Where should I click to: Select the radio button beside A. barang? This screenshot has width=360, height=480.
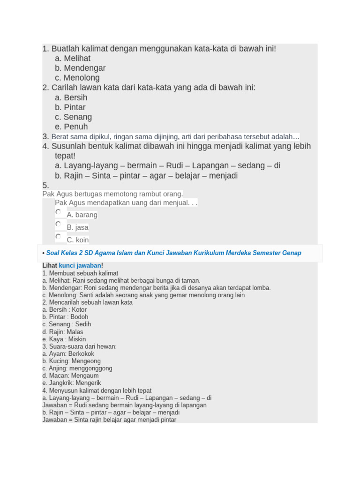point(58,212)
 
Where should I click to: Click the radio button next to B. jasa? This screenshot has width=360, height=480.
point(58,224)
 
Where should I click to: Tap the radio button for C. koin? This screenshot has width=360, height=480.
point(58,237)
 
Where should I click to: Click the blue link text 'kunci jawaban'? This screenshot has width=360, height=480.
point(80,266)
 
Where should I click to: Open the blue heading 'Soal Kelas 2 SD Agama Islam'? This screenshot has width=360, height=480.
point(173,253)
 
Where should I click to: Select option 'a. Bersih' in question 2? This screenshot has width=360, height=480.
point(71,97)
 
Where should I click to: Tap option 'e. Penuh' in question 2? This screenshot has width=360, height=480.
point(71,127)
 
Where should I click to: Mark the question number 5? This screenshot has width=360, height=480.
point(45,186)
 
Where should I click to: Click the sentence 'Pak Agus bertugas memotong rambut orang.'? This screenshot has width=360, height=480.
point(112,194)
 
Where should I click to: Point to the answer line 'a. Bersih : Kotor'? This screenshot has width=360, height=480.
point(64,310)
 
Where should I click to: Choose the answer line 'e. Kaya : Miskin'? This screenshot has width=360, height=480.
point(64,339)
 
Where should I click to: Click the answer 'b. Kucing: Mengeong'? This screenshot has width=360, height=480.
point(71,361)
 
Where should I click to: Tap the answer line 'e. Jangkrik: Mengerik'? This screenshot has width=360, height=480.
point(71,383)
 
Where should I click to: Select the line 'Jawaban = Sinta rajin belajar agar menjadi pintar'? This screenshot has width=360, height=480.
point(109,420)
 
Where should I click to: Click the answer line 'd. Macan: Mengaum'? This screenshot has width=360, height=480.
point(70,376)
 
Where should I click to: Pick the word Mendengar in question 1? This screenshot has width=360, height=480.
point(84,68)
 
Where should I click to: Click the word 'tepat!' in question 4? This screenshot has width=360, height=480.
point(65,156)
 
